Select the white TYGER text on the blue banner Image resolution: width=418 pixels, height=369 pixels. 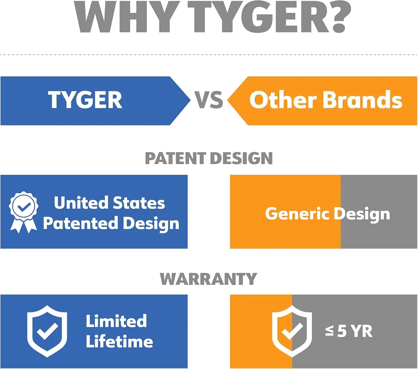(85, 100)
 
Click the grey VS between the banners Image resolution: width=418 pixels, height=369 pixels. (209, 100)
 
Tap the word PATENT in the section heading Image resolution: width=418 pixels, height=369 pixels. (176, 158)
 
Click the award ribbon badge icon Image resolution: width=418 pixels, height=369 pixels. (23, 212)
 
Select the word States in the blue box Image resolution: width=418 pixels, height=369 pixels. (139, 203)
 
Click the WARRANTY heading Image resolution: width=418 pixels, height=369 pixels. (208, 279)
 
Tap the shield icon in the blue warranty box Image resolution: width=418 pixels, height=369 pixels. (47, 331)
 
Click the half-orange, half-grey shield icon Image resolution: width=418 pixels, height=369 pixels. (292, 331)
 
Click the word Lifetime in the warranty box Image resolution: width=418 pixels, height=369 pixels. (120, 341)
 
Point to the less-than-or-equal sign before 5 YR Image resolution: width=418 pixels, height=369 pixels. (329, 331)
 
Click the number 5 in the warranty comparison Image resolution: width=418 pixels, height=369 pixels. (342, 331)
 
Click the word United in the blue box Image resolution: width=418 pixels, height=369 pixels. (81, 203)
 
